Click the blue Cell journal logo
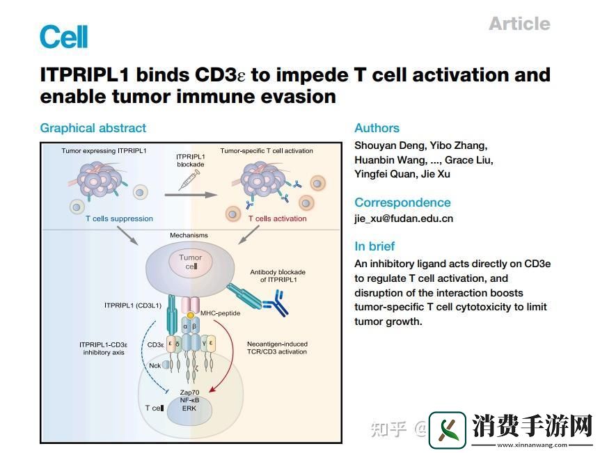pos(63,36)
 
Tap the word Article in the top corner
pos(519,24)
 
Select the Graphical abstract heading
pos(93,128)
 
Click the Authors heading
pos(377,128)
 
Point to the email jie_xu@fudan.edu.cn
pos(404,218)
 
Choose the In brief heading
pos(374,246)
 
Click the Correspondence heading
pos(402,202)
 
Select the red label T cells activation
pos(277,218)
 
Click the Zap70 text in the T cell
pos(190,392)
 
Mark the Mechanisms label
pos(189,235)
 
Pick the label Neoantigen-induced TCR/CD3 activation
pos(277,349)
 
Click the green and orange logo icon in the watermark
pos(448,430)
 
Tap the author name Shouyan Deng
pos(384,145)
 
